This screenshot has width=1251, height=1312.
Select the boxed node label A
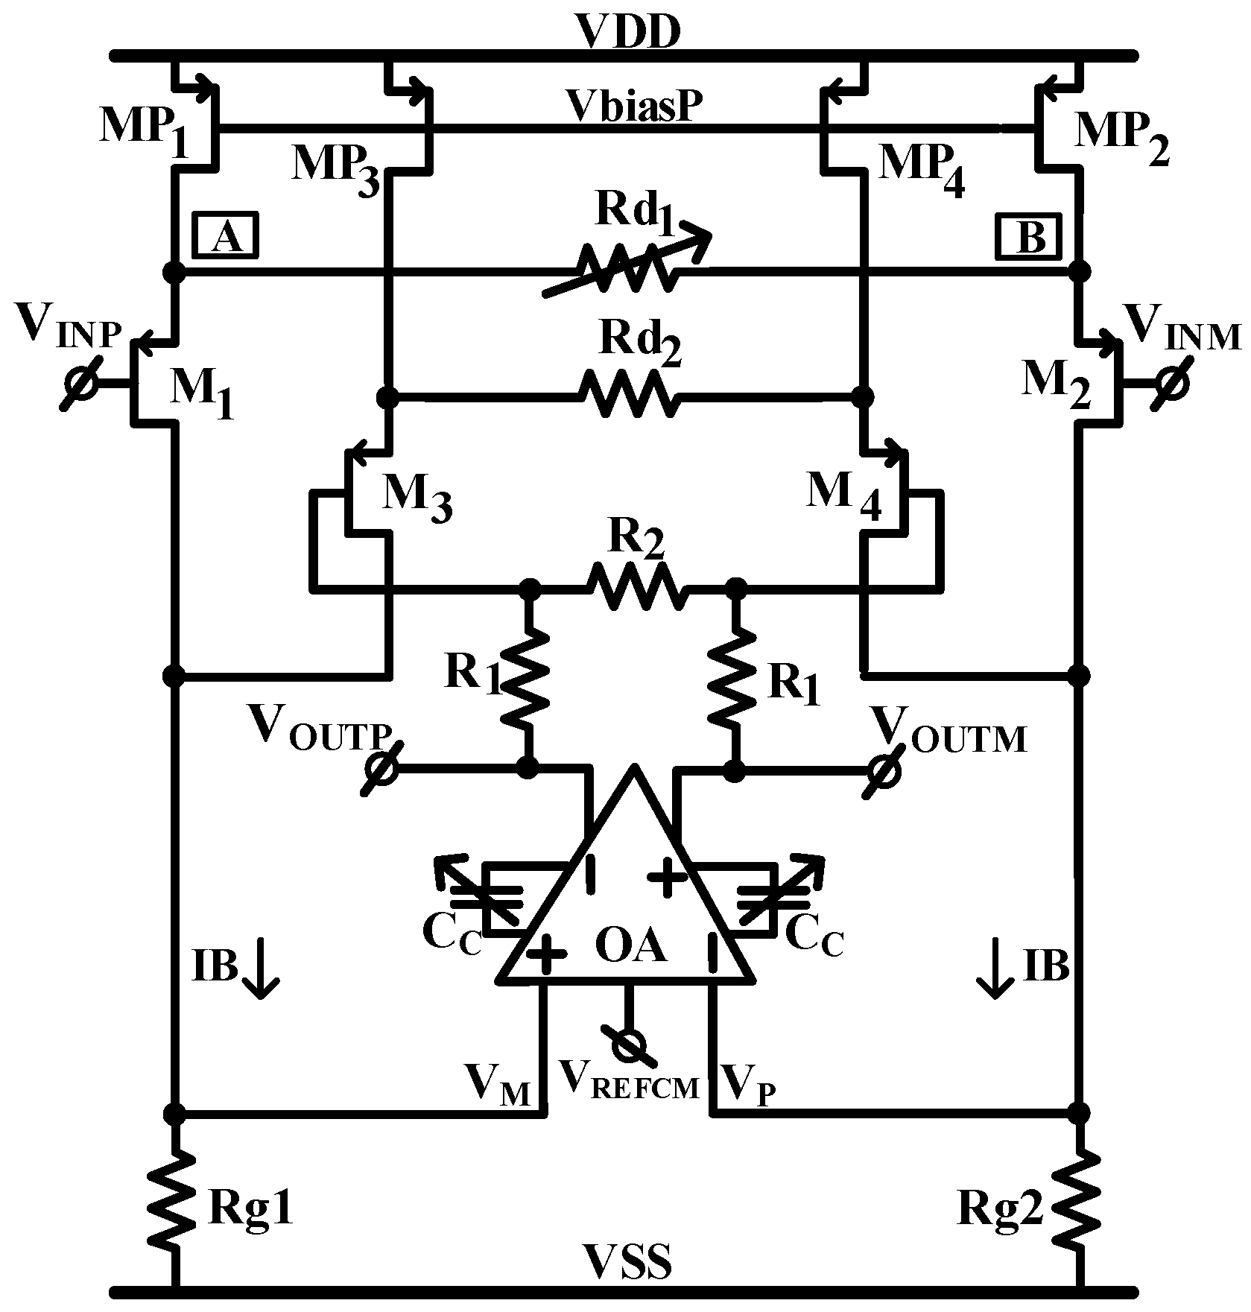(x=227, y=237)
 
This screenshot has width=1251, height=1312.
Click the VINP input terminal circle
(x=79, y=384)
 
